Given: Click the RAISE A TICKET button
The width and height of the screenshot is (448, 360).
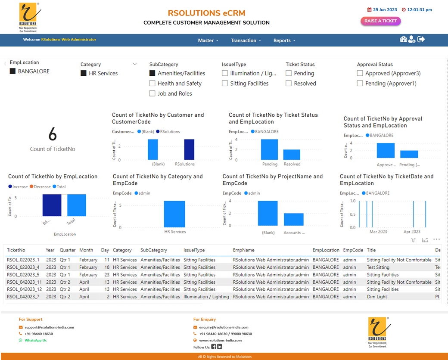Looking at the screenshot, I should (380, 21).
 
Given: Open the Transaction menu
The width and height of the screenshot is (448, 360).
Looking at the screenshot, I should (246, 40).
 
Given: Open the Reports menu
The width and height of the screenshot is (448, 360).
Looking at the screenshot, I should (284, 40).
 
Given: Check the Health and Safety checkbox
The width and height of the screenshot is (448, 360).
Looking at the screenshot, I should (152, 84).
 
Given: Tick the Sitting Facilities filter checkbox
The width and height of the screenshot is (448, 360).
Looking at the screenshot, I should (225, 84).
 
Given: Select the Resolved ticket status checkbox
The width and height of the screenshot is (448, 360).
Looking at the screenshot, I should (289, 84).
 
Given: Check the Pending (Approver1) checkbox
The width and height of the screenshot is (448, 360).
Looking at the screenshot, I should (360, 84).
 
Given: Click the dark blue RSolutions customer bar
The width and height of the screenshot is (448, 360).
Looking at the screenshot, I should (189, 149).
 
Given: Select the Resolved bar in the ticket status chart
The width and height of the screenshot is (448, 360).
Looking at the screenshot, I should (292, 155).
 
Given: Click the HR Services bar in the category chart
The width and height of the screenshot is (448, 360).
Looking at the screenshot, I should (174, 214).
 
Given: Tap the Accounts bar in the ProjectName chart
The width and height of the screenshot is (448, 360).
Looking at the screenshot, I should (294, 219).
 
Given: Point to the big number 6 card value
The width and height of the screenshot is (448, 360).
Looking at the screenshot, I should (53, 135).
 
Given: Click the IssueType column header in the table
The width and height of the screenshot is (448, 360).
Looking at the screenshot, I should (194, 250).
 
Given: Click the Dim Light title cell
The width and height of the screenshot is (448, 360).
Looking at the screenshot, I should (376, 297).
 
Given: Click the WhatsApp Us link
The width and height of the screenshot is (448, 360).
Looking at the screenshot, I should (35, 340).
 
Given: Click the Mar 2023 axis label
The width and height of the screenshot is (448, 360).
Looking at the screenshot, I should (378, 232).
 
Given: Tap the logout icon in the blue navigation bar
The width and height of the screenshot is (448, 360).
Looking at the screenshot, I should (421, 40).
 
